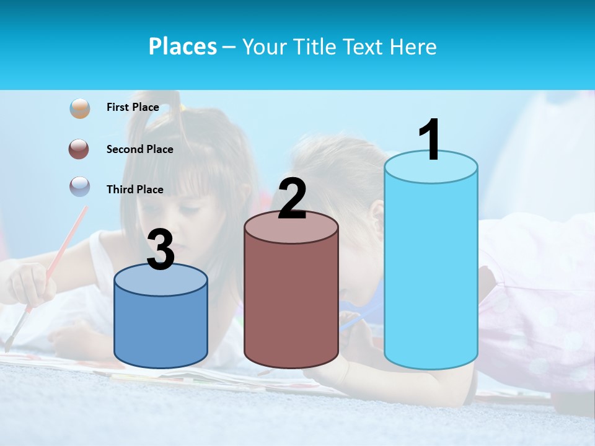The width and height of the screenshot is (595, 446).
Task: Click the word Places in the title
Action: pos(182,46)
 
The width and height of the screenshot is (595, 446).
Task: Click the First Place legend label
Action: pos(133,107)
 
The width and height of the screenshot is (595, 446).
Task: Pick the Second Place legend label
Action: pos(139,149)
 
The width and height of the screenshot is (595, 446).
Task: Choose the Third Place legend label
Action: pos(134,190)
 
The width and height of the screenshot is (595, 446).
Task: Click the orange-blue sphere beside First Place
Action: pos(80,108)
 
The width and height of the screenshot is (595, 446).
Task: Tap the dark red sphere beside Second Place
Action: pos(80,149)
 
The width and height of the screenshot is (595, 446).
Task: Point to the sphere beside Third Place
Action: pos(80,187)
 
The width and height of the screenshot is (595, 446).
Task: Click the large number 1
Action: pos(430,140)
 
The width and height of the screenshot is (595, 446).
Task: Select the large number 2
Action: pos(292,199)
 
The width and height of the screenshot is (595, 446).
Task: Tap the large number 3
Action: pos(161,250)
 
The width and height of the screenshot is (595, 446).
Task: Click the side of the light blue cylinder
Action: pos(431,273)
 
